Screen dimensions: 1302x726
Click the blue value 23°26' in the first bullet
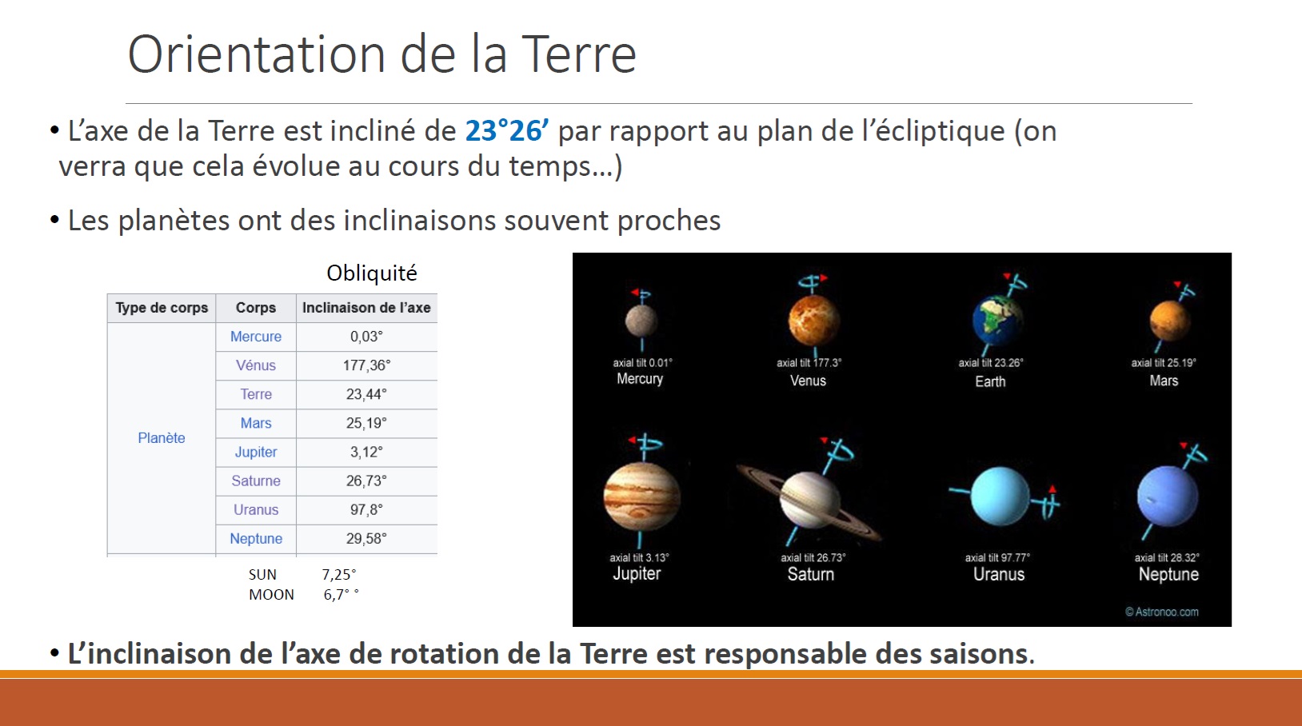pyautogui.click(x=507, y=131)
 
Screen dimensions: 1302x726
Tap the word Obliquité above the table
pyautogui.click(x=372, y=273)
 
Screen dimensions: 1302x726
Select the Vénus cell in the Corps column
pyautogui.click(x=256, y=365)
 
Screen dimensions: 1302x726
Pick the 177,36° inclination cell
pyautogui.click(x=367, y=365)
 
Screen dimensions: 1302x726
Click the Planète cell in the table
pyautogui.click(x=162, y=438)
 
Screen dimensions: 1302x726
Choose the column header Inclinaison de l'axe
pyautogui.click(x=367, y=308)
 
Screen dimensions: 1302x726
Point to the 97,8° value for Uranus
pyautogui.click(x=367, y=510)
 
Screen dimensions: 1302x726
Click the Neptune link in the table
pyautogui.click(x=256, y=539)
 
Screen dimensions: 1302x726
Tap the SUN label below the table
pyautogui.click(x=263, y=575)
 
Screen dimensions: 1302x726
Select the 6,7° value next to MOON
pyautogui.click(x=341, y=595)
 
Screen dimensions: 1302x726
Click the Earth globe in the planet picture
pyautogui.click(x=997, y=321)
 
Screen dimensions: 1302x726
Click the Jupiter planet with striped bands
pyautogui.click(x=641, y=497)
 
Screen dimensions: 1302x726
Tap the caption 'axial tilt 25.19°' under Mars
pyautogui.click(x=1164, y=363)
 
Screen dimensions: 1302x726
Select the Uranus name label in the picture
pyautogui.click(x=999, y=574)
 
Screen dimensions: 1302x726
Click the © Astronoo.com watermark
pyautogui.click(x=1162, y=612)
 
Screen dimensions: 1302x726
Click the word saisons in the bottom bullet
pyautogui.click(x=980, y=653)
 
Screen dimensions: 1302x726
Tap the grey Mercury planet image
pyautogui.click(x=641, y=321)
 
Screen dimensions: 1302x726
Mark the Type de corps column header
pyautogui.click(x=162, y=308)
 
